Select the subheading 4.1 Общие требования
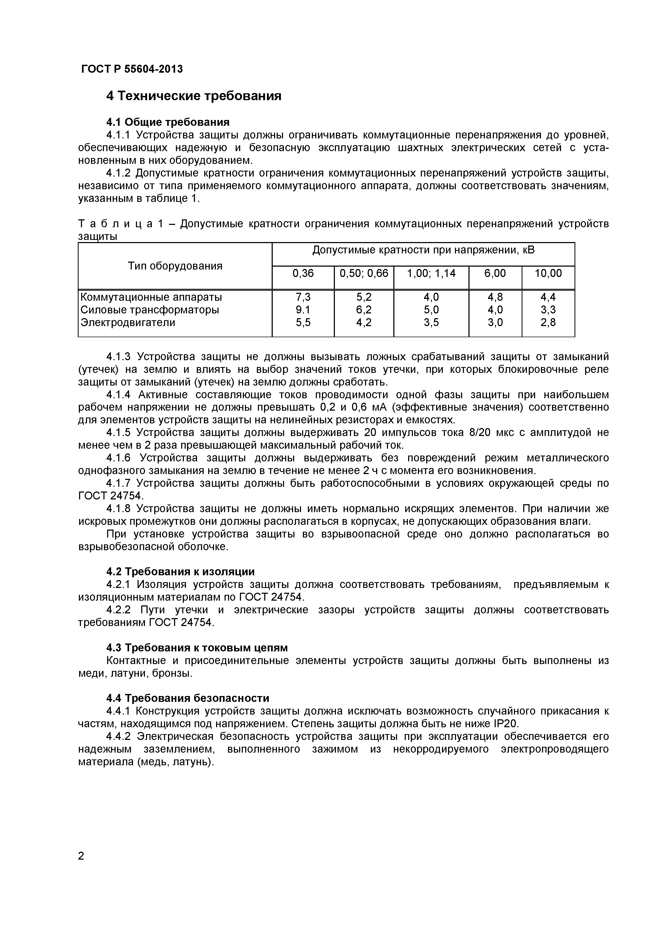(168, 122)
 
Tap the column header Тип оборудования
(175, 266)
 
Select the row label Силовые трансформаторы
(149, 310)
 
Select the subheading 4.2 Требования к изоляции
(180, 572)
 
